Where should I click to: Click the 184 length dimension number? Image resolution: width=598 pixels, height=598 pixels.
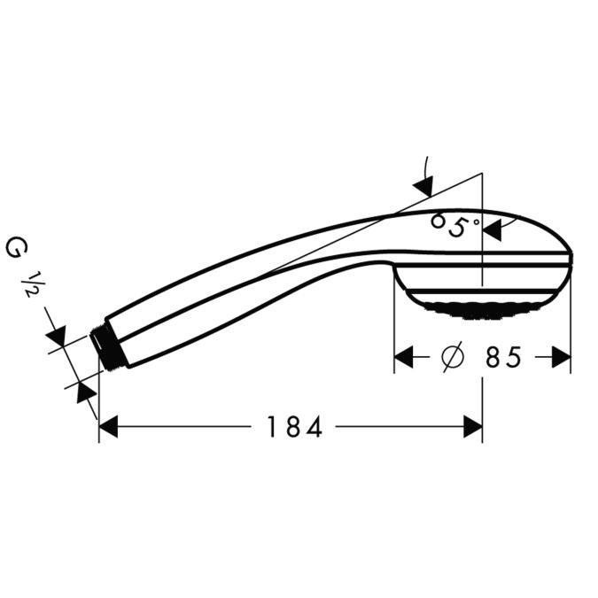[x=293, y=428]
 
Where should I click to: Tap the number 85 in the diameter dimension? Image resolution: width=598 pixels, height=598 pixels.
[x=502, y=357]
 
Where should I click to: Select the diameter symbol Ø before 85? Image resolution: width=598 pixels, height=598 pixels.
[x=451, y=357]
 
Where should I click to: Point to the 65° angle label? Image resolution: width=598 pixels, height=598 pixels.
[x=452, y=225]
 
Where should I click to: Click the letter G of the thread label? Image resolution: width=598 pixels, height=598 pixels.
[x=15, y=247]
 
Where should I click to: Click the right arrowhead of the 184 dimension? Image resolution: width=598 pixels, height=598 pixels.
[x=473, y=428]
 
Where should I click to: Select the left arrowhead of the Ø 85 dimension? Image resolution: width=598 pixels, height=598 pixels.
[x=404, y=357]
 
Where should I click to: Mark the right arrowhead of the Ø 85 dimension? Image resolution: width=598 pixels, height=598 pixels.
[x=562, y=357]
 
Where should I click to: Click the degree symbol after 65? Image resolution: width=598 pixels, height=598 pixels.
[x=476, y=221]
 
